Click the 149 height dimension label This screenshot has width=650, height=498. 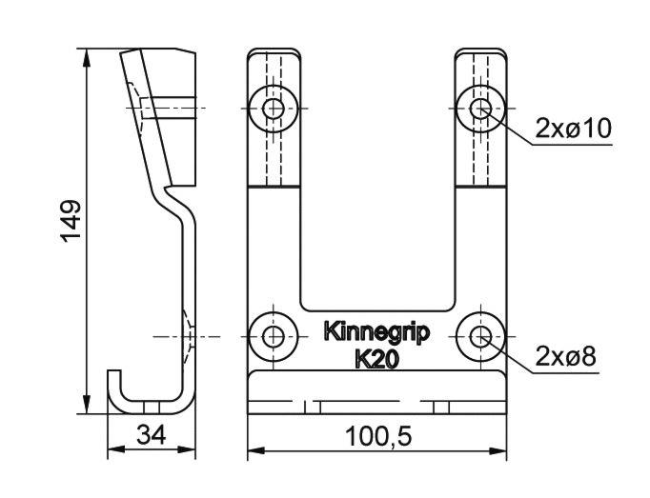(x=71, y=221)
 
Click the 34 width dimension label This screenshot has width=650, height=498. (x=152, y=435)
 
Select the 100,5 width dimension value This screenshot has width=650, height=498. (x=378, y=437)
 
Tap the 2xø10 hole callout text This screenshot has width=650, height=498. (x=574, y=128)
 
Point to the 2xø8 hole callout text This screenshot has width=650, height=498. (x=565, y=356)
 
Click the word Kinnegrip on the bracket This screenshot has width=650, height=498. (x=376, y=333)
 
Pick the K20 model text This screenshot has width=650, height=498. (x=376, y=360)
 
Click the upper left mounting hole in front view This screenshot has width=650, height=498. (x=274, y=109)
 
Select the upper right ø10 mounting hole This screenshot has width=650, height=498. (x=480, y=109)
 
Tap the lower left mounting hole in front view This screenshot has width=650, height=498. (x=274, y=336)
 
